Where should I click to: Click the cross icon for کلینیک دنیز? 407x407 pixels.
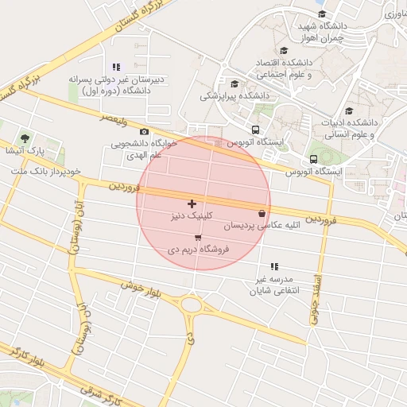click(192, 204)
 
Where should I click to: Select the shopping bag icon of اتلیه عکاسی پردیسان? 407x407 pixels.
click(262, 213)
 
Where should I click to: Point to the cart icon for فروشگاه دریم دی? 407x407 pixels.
click(198, 237)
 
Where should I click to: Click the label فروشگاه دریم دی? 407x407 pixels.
click(198, 249)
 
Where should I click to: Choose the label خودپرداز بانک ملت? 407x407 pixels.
click(46, 171)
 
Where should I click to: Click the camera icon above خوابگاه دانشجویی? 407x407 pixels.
click(144, 132)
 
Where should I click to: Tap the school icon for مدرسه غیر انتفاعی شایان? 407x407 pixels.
click(274, 266)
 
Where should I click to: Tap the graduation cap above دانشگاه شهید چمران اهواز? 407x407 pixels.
click(321, 14)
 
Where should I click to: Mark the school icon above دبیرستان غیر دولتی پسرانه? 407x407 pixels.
click(117, 67)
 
